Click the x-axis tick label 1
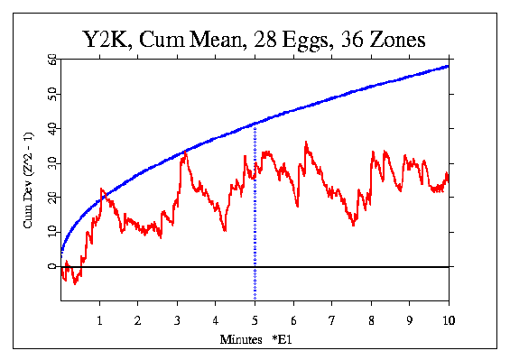pyautogui.click(x=100, y=320)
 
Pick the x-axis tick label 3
pyautogui.click(x=177, y=320)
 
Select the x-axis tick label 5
pyautogui.click(x=255, y=320)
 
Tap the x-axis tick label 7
pyautogui.click(x=332, y=320)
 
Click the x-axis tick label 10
pyautogui.click(x=448, y=320)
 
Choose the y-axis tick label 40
pyautogui.click(x=51, y=128)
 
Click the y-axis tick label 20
pyautogui.click(x=51, y=198)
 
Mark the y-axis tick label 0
pyautogui.click(x=51, y=267)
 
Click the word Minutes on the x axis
pyautogui.click(x=237, y=340)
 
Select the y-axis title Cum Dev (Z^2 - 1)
pyautogui.click(x=29, y=180)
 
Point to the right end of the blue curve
pyautogui.click(x=448, y=66)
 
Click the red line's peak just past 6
pyautogui.click(x=306, y=142)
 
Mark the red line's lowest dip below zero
pyautogui.click(x=76, y=283)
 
